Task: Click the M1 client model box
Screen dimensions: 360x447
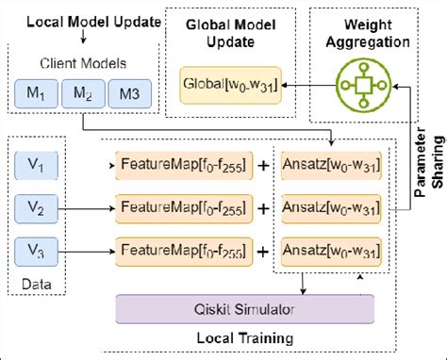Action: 34,94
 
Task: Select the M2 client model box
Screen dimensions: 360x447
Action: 84,94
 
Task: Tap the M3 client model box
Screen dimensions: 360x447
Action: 130,94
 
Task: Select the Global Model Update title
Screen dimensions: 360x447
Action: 223,32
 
